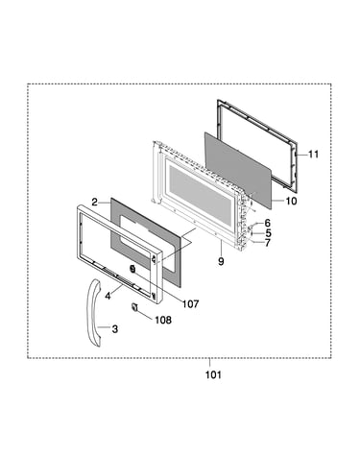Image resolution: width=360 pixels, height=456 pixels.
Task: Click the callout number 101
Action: click(x=213, y=374)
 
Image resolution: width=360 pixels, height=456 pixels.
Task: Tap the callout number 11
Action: click(x=314, y=155)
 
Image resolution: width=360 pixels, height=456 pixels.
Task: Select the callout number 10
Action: click(x=291, y=201)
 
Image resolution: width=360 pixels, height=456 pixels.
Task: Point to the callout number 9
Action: click(x=221, y=261)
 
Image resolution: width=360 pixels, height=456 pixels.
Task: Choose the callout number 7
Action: click(x=267, y=243)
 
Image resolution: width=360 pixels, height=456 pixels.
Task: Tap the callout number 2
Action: click(x=95, y=203)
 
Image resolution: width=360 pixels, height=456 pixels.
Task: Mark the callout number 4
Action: click(x=108, y=296)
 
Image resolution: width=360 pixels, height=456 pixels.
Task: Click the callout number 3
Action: click(x=115, y=328)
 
